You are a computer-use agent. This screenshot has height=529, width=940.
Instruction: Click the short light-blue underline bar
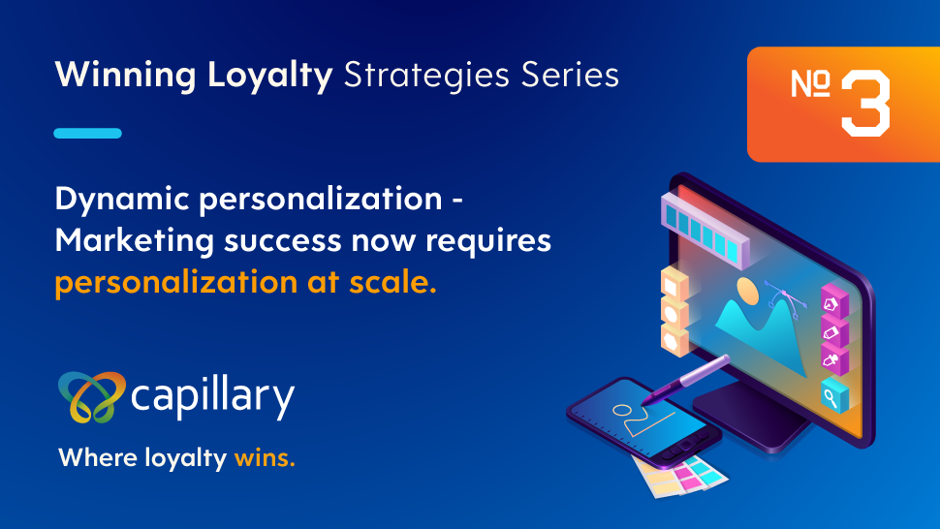pos(87,133)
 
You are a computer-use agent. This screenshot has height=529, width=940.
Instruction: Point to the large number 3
pos(865,103)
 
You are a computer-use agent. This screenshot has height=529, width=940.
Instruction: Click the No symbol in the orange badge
pos(810,83)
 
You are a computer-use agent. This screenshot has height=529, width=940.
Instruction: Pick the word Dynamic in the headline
pos(122,200)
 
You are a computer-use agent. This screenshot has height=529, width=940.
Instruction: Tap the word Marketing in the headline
pos(135,240)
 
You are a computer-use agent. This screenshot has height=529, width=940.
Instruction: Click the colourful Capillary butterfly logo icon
pos(92,396)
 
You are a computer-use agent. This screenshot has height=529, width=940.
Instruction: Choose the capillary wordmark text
pos(213,398)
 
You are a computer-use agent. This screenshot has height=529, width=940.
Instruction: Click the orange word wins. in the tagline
pos(265,458)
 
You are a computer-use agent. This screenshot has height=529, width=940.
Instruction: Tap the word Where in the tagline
pos(98,457)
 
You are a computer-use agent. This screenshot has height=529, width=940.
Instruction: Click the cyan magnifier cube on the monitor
pos(834,394)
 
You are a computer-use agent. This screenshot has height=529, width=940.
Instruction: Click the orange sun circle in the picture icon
pos(747,291)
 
